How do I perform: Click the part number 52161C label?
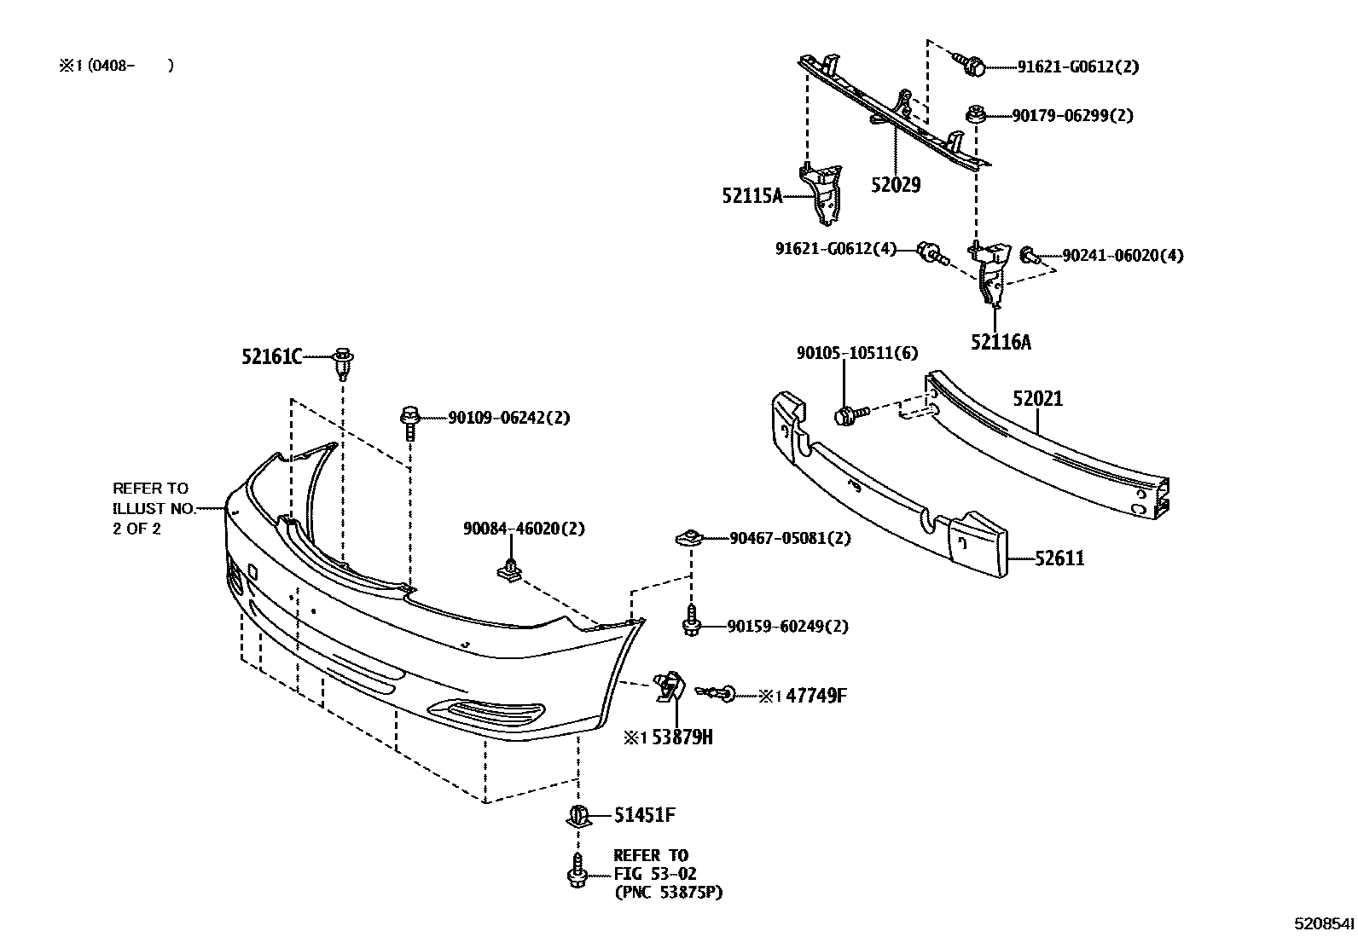coord(270,357)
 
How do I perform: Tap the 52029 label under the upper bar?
coord(896,185)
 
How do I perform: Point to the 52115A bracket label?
coord(752,196)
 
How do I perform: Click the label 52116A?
coord(1001,343)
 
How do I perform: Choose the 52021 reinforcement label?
coord(1038,399)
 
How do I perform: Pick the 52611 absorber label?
coord(1059,559)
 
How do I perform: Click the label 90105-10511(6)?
coord(845,353)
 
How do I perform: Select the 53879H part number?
coord(682,737)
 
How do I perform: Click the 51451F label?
coord(645,816)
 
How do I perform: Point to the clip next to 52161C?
coord(343,362)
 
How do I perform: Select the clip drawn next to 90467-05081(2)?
coord(689,539)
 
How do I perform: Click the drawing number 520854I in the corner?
coord(1323,923)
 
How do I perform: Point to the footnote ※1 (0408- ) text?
coord(116,66)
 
